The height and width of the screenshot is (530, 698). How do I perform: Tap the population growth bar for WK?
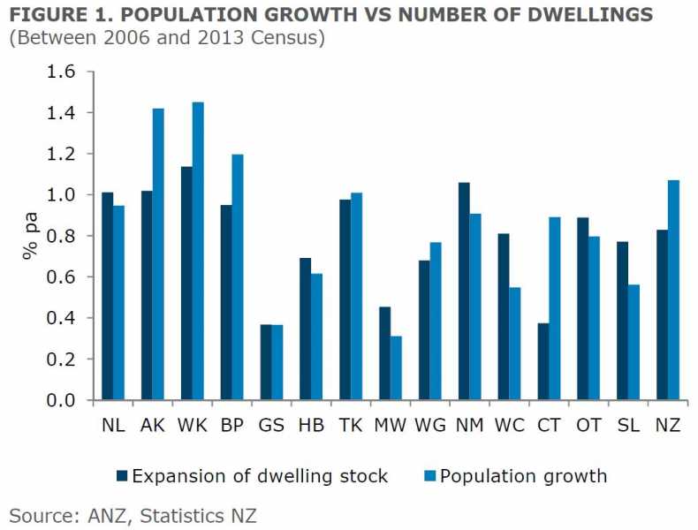pyautogui.click(x=199, y=251)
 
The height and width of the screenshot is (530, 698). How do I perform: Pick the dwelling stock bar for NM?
pyautogui.click(x=465, y=291)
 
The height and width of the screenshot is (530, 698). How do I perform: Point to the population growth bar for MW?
pyautogui.click(x=397, y=368)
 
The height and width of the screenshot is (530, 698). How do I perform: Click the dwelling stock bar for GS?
pyautogui.click(x=266, y=362)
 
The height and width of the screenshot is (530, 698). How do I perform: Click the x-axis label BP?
pyautogui.click(x=232, y=424)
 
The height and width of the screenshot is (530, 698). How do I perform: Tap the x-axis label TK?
pyautogui.click(x=351, y=424)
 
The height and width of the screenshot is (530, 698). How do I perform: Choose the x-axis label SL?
pyautogui.click(x=628, y=424)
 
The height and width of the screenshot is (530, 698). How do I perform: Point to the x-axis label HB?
pyautogui.click(x=311, y=424)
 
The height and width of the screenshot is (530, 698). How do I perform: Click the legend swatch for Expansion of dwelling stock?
pyautogui.click(x=122, y=477)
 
